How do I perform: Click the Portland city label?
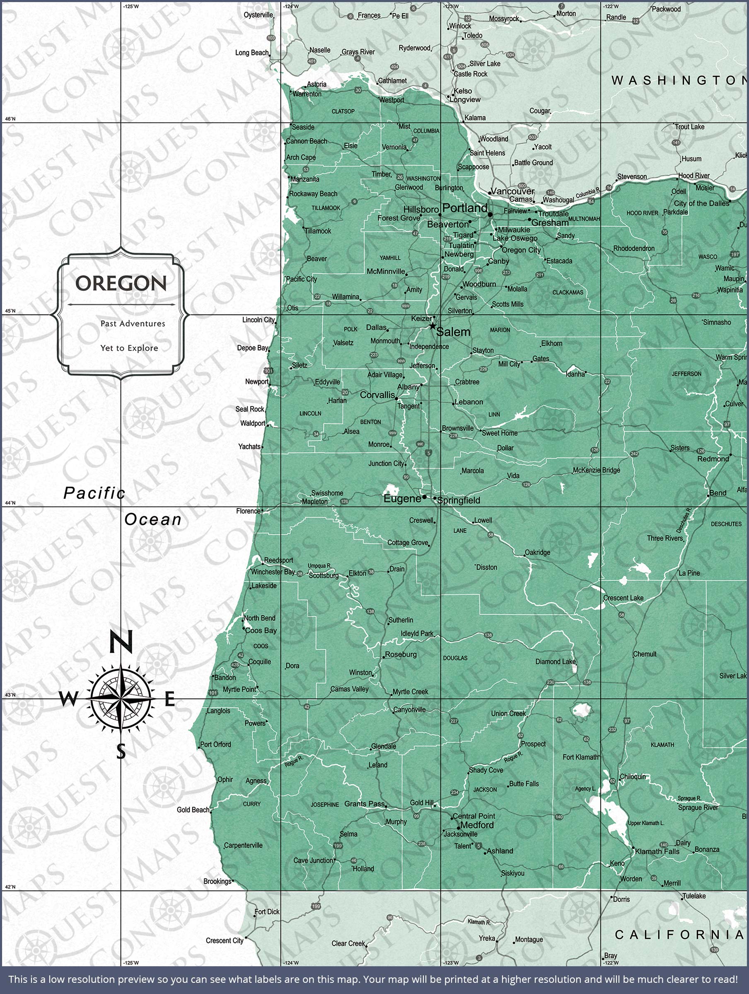464,207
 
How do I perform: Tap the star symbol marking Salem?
432,326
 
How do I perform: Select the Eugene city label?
402,498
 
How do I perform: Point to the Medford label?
477,825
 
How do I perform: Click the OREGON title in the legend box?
121,283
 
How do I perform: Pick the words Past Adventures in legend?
133,323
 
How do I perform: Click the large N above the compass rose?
121,642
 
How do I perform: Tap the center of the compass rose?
121,699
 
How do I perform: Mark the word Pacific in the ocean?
94,493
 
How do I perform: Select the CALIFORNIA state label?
679,935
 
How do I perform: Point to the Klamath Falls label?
657,851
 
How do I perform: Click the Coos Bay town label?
261,630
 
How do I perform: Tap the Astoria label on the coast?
317,84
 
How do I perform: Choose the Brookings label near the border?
217,881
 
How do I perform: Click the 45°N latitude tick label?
10,311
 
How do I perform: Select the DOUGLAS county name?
455,658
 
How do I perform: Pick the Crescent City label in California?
225,941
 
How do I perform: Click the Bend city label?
718,493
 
